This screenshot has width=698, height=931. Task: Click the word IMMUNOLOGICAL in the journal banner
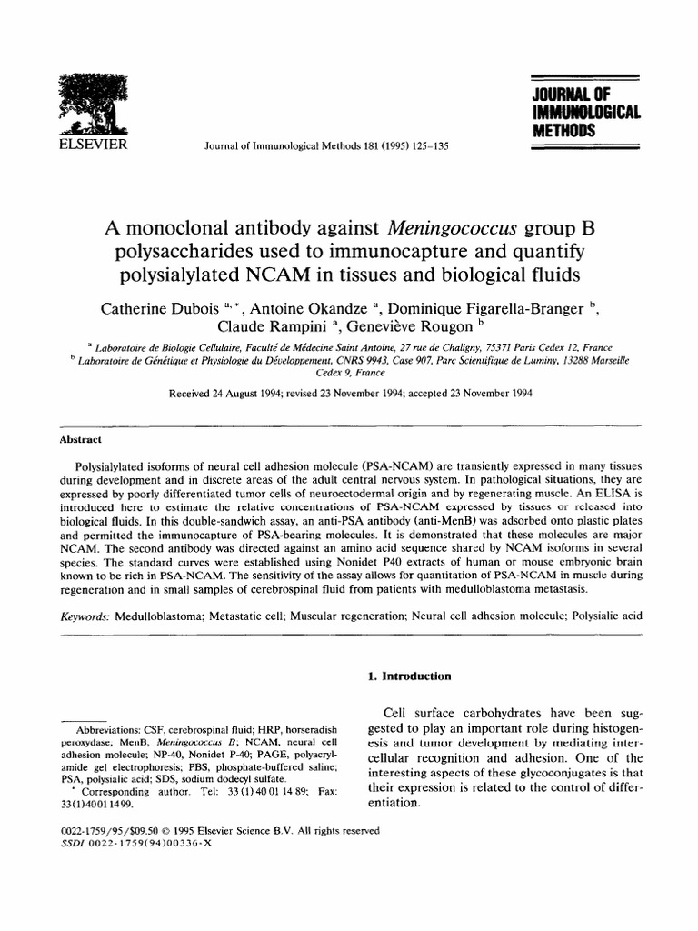coord(587,113)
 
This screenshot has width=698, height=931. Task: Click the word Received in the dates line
coord(190,394)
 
